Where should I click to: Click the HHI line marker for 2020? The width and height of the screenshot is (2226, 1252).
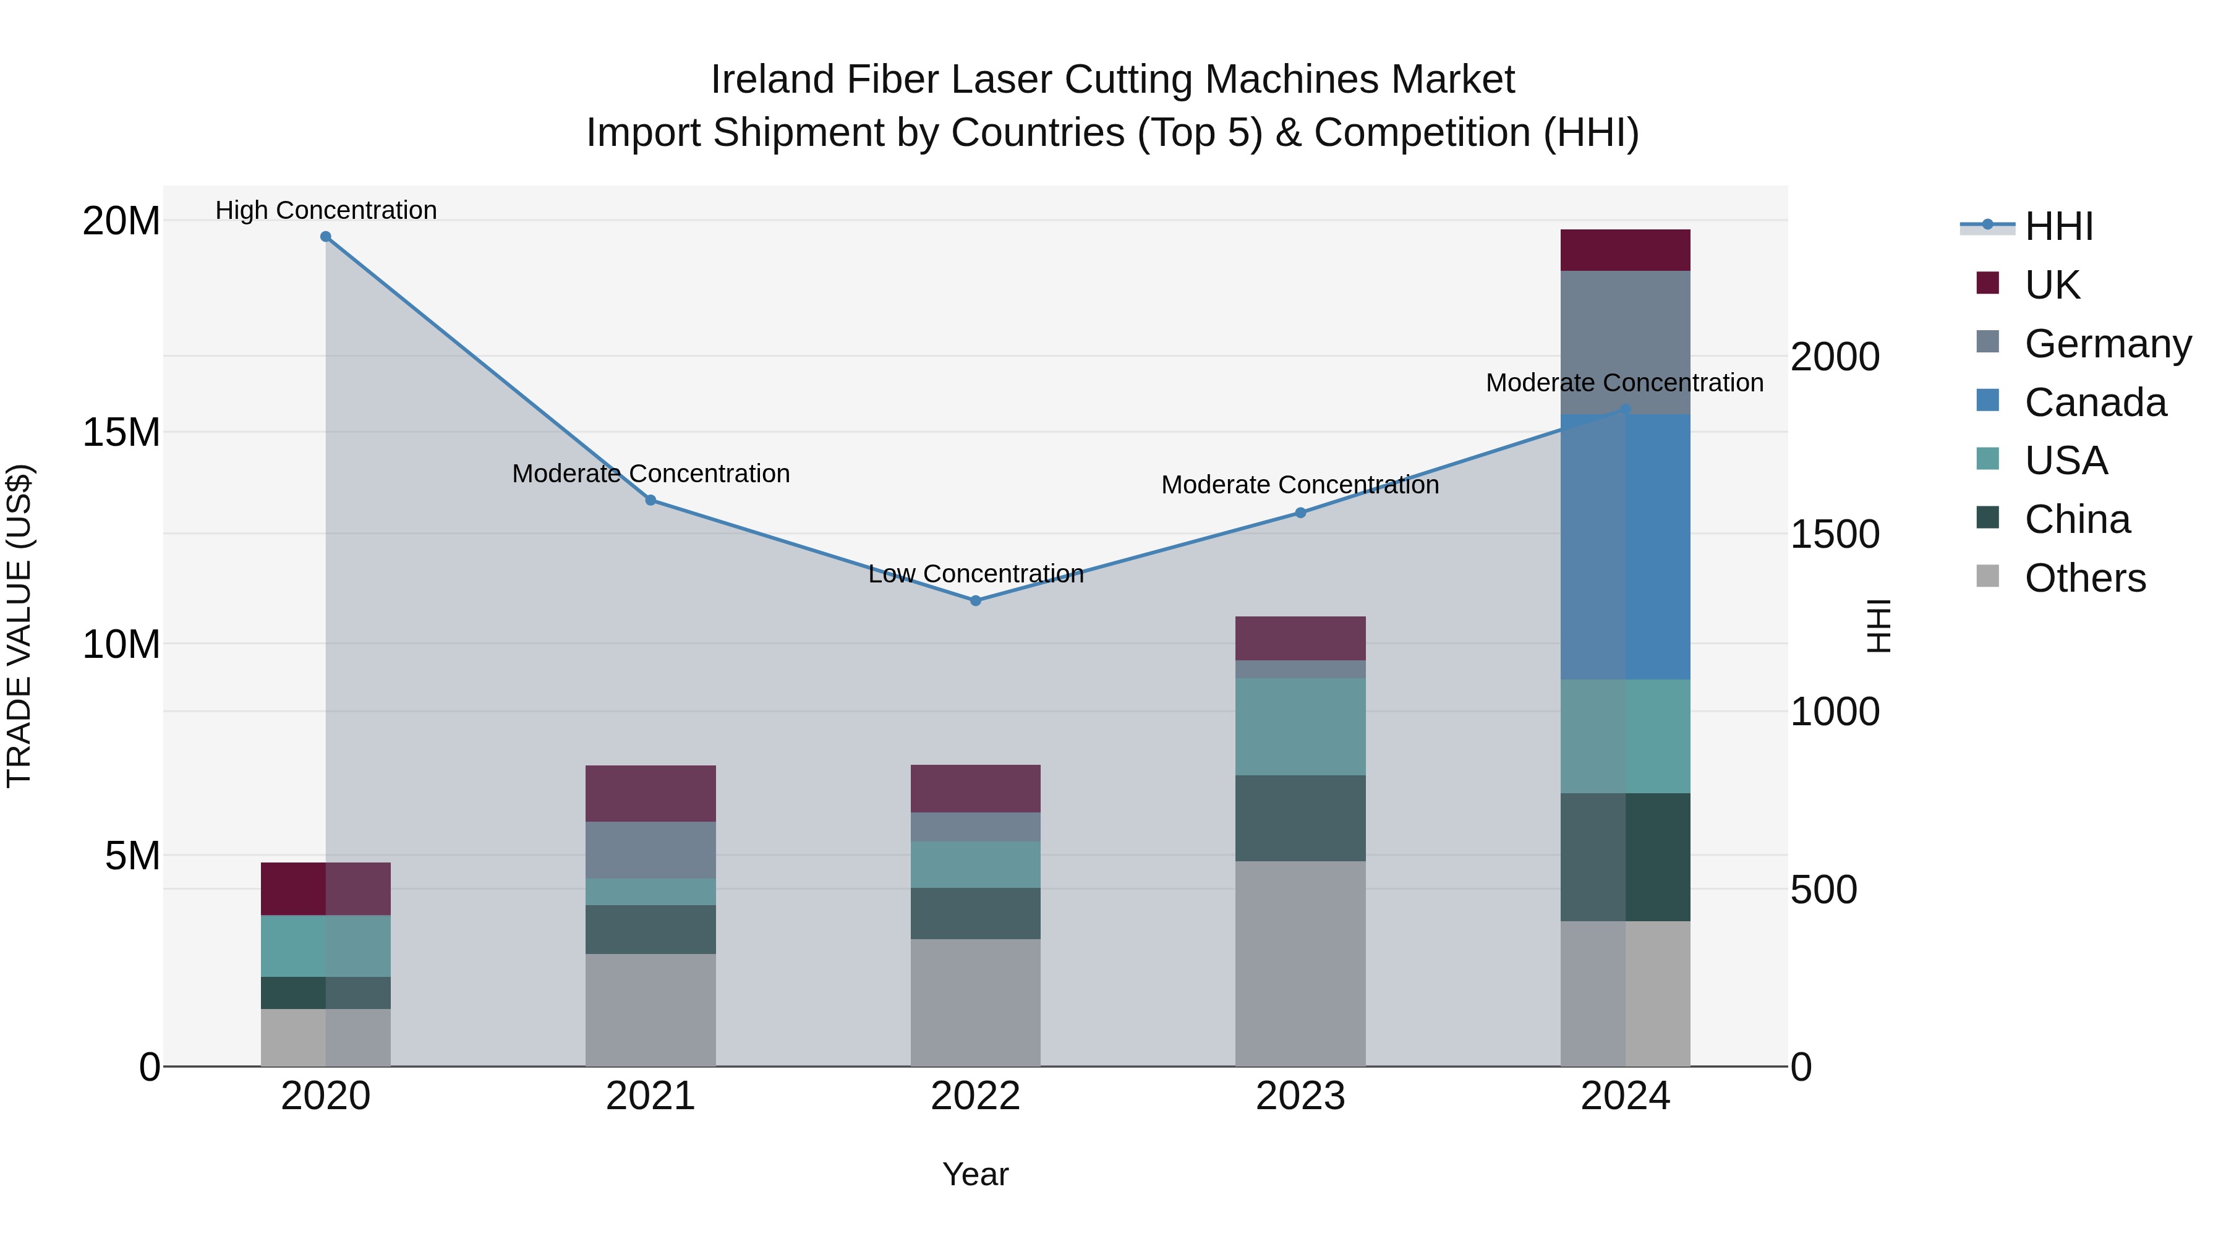point(326,237)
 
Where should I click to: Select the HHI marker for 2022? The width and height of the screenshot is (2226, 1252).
point(976,600)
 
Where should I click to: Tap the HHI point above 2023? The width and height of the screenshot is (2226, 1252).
point(1300,513)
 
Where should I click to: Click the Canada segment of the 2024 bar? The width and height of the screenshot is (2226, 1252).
point(1626,547)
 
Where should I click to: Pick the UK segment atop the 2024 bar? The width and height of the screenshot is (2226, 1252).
point(1626,250)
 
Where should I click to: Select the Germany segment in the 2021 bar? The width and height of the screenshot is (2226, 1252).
point(650,850)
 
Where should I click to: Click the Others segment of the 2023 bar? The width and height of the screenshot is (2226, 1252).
point(1300,963)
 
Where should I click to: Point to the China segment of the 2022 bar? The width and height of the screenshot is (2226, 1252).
point(976,913)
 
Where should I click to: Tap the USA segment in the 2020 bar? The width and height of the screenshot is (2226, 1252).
point(326,946)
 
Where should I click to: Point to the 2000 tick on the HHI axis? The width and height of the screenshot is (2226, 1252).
point(1835,357)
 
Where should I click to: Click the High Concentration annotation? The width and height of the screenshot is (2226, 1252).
point(326,210)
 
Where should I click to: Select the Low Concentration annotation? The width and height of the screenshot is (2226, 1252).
point(976,574)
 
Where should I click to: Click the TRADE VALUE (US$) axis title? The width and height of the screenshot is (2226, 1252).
point(19,626)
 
